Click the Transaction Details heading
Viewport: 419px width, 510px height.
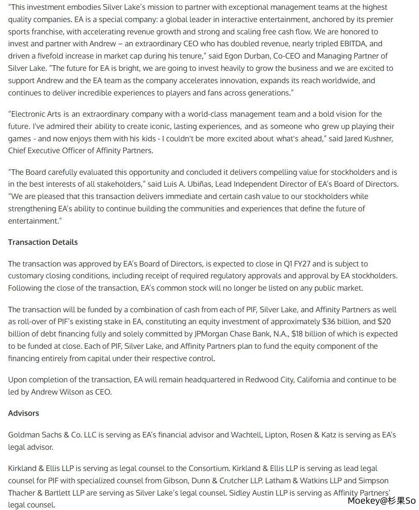(x=43, y=242)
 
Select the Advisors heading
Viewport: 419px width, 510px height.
(x=23, y=413)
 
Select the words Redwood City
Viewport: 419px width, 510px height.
(x=269, y=380)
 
